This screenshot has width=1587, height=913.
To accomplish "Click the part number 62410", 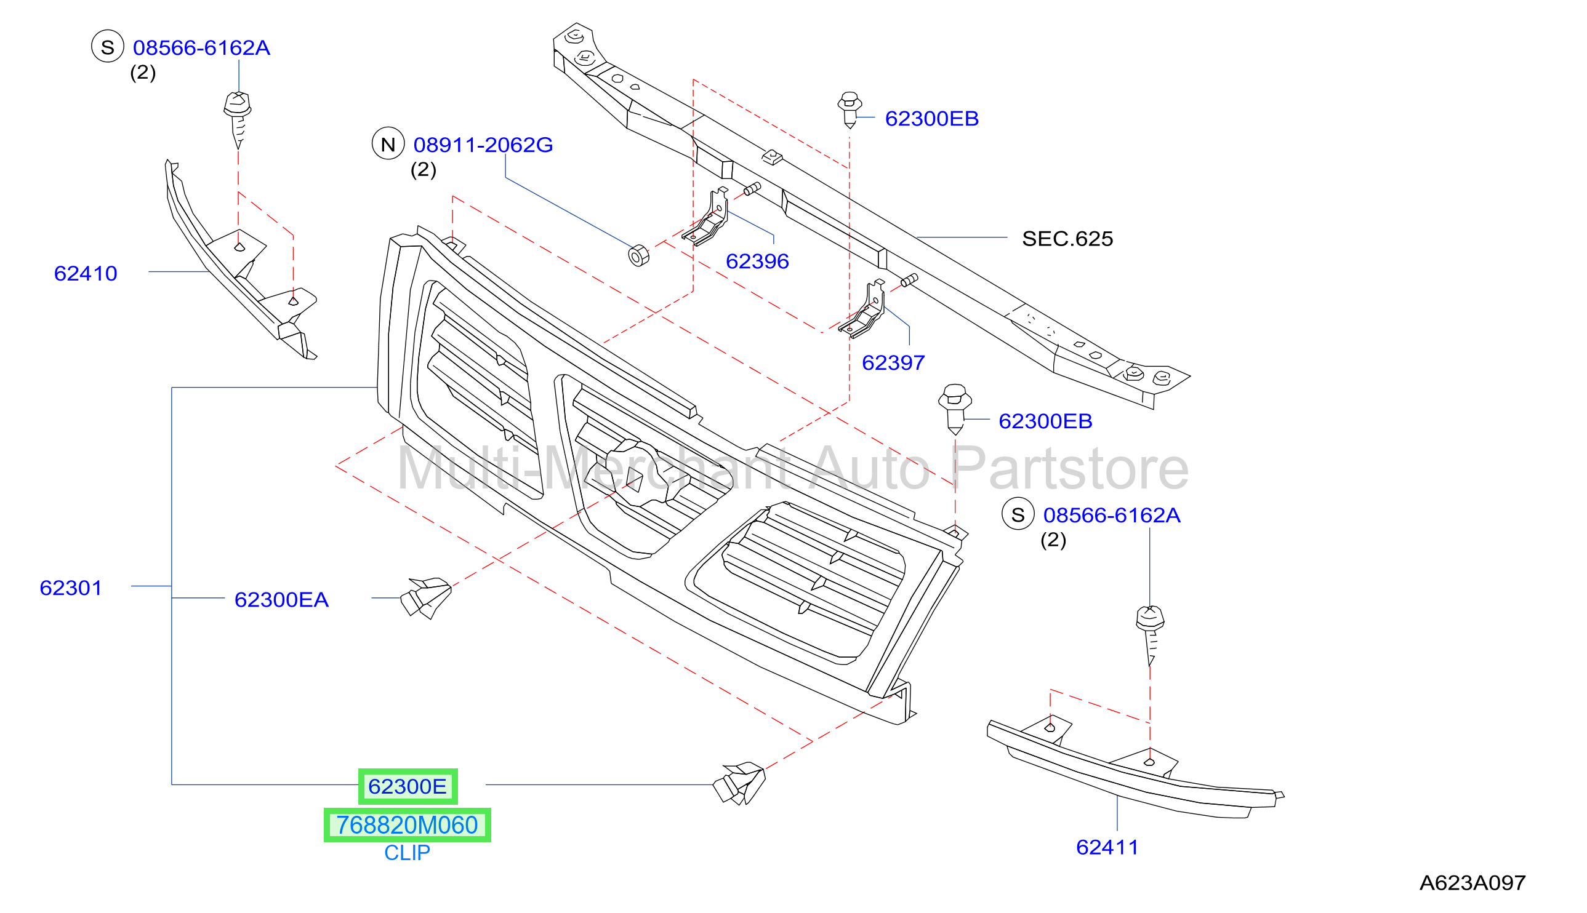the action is pos(86,273).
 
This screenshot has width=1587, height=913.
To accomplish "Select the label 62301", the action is pos(70,588).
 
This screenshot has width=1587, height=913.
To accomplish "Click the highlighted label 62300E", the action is pos(408,786).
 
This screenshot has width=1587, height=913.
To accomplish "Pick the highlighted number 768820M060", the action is pos(407,825).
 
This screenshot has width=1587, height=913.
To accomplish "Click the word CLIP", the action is pos(407,853).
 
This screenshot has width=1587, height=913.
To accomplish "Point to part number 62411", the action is pos(1107,847).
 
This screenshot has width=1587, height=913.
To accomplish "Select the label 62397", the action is pos(893,362).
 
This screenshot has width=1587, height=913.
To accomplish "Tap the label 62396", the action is pos(757,261).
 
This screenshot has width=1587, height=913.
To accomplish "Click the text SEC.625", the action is pos(1067,238).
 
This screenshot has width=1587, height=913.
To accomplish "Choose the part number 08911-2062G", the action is pos(483,145).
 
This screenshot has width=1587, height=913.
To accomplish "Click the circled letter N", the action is pos(388,143).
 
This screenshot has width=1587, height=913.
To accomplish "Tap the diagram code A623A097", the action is pos(1472,883).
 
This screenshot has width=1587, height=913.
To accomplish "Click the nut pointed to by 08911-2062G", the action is pos(638,256).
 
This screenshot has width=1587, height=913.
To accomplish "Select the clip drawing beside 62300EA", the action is pos(426,597).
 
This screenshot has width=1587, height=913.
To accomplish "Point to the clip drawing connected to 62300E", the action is pos(739,784).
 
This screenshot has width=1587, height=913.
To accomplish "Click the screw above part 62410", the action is pos(238,119).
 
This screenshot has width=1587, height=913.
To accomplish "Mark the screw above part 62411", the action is pos(1150,635).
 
